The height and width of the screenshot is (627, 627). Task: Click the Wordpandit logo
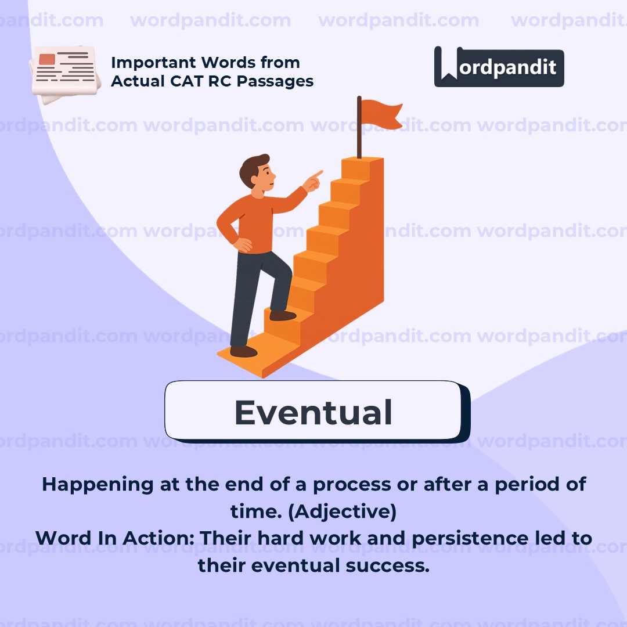point(499,67)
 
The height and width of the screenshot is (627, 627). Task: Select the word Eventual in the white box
point(313,412)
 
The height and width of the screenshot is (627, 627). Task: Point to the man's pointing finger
point(318,174)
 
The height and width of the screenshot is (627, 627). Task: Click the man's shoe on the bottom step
point(243,351)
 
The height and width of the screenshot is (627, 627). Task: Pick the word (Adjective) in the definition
point(343,511)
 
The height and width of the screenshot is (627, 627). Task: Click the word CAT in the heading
point(187,81)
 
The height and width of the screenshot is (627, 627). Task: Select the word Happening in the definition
point(98,485)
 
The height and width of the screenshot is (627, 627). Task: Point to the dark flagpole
point(359,127)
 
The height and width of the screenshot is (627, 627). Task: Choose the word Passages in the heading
point(275,82)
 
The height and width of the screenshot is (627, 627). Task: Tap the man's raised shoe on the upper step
point(283,315)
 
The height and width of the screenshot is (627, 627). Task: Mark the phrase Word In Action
point(115,538)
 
